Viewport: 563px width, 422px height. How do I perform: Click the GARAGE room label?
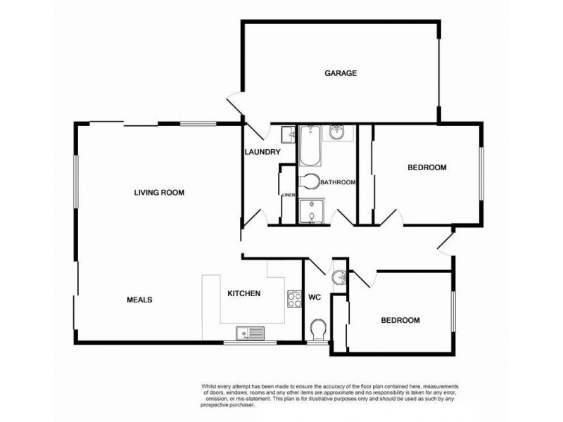[341, 73]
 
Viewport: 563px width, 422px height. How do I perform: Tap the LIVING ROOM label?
[159, 193]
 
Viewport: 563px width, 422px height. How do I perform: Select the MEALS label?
[139, 300]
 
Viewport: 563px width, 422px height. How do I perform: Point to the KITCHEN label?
[243, 293]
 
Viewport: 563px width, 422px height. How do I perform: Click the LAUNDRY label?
[262, 152]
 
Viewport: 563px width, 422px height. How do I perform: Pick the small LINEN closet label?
[289, 196]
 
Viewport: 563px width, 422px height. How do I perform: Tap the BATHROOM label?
[338, 182]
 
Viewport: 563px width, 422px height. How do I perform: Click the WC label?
[314, 298]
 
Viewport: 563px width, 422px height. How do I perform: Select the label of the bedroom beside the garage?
[427, 167]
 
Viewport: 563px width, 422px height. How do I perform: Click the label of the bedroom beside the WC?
[400, 320]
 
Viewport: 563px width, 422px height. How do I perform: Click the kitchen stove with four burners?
[294, 298]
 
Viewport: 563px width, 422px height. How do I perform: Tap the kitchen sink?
[250, 333]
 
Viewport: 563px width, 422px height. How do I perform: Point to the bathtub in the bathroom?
[310, 146]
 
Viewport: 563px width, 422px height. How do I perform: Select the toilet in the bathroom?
[309, 181]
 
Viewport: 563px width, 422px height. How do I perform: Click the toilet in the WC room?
[318, 329]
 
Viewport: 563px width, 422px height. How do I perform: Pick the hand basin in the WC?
[339, 277]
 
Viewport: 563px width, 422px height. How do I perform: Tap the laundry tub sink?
[289, 134]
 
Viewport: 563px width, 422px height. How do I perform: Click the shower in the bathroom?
[312, 212]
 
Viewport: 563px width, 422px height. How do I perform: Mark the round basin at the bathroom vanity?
[337, 132]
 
